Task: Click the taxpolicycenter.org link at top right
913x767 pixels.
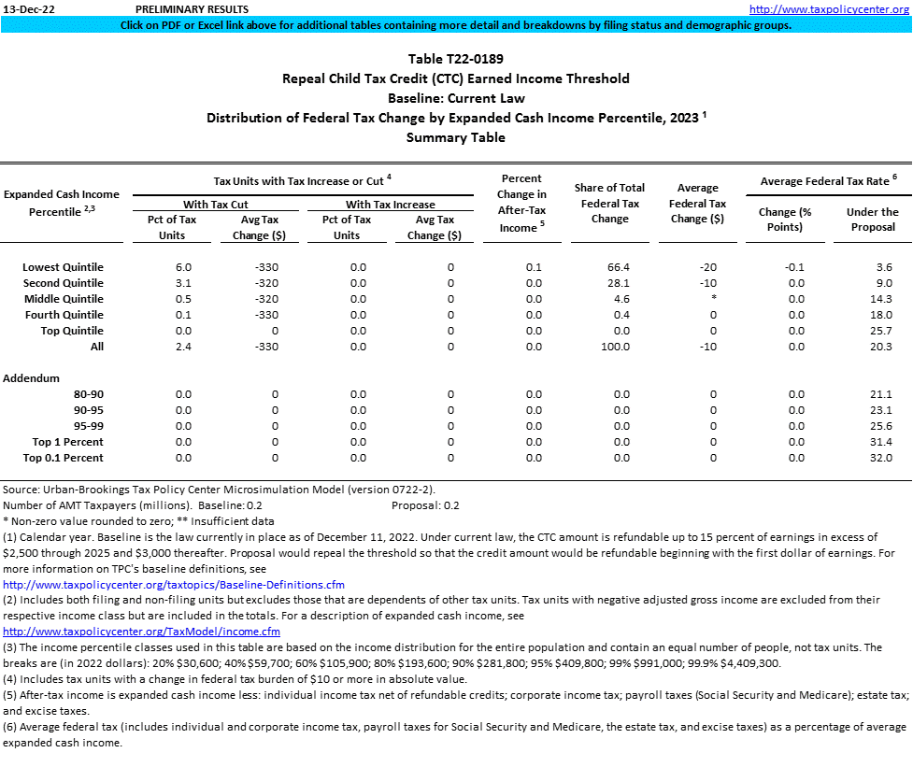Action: [x=830, y=9]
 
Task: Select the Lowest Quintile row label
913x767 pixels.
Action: [x=63, y=267]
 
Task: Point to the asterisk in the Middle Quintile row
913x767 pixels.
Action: [x=713, y=299]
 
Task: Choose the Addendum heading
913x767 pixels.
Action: [x=32, y=378]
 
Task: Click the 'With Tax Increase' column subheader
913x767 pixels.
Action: [x=390, y=204]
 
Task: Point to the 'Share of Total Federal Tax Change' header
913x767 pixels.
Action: [x=610, y=204]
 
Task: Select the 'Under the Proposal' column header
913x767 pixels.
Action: [x=872, y=220]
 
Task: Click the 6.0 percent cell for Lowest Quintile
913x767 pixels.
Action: [x=183, y=267]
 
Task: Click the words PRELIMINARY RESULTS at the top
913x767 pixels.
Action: [x=192, y=9]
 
